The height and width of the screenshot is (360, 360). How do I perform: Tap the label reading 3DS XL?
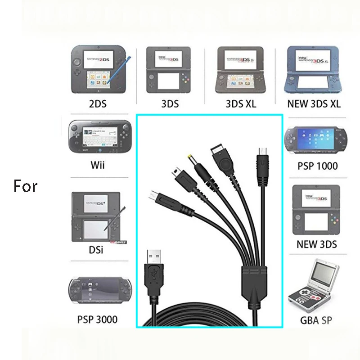241,104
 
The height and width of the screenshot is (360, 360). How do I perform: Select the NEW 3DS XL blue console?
314,70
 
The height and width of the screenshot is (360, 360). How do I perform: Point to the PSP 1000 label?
318,166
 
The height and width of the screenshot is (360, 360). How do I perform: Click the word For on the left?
25,186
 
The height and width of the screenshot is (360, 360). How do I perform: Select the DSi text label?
96,250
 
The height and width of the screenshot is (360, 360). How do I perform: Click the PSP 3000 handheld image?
96,292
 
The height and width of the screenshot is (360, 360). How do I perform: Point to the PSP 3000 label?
98,320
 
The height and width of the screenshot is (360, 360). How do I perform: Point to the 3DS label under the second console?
170,104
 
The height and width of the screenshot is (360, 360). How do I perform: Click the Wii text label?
98,165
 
